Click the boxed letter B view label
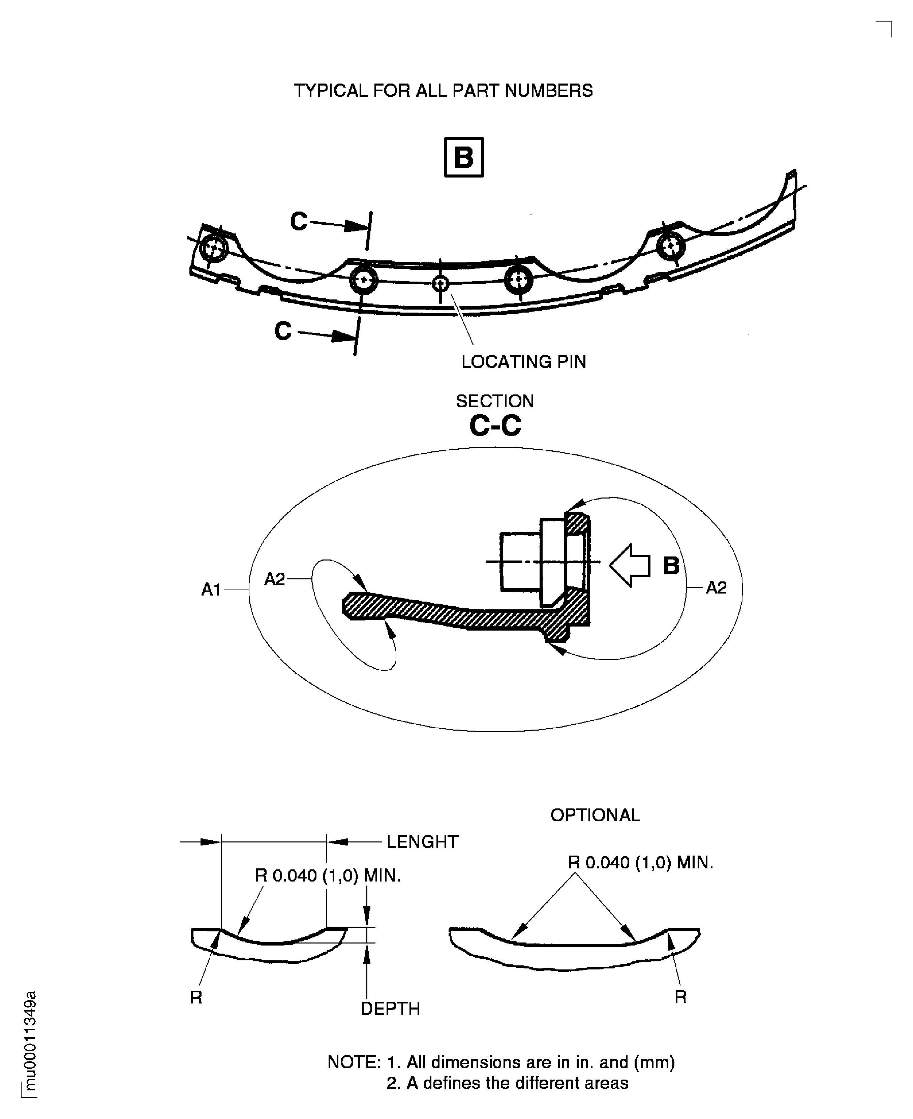[463, 157]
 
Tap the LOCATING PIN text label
[523, 362]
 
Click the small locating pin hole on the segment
[440, 284]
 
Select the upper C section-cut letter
[299, 221]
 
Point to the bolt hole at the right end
[671, 245]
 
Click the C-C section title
[495, 425]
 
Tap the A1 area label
[211, 590]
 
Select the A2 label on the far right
[716, 587]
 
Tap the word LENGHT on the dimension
[422, 841]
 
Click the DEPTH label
[390, 1008]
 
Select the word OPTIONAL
[595, 815]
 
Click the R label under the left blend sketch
[196, 997]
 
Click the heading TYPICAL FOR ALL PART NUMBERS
[443, 90]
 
